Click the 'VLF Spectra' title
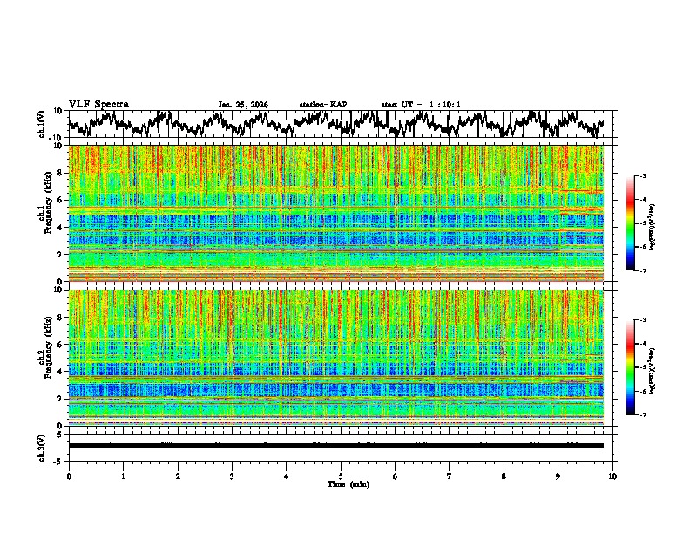click(98, 104)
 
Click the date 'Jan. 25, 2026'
click(243, 105)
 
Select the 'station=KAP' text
click(323, 105)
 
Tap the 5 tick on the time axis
click(341, 476)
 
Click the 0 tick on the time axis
click(69, 476)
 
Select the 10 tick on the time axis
click(612, 476)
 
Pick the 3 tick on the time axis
click(232, 476)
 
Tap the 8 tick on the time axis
click(504, 476)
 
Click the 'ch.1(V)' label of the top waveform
click(42, 124)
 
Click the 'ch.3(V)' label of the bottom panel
click(42, 446)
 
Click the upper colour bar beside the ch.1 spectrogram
click(639, 223)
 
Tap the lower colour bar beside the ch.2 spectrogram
click(639, 367)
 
